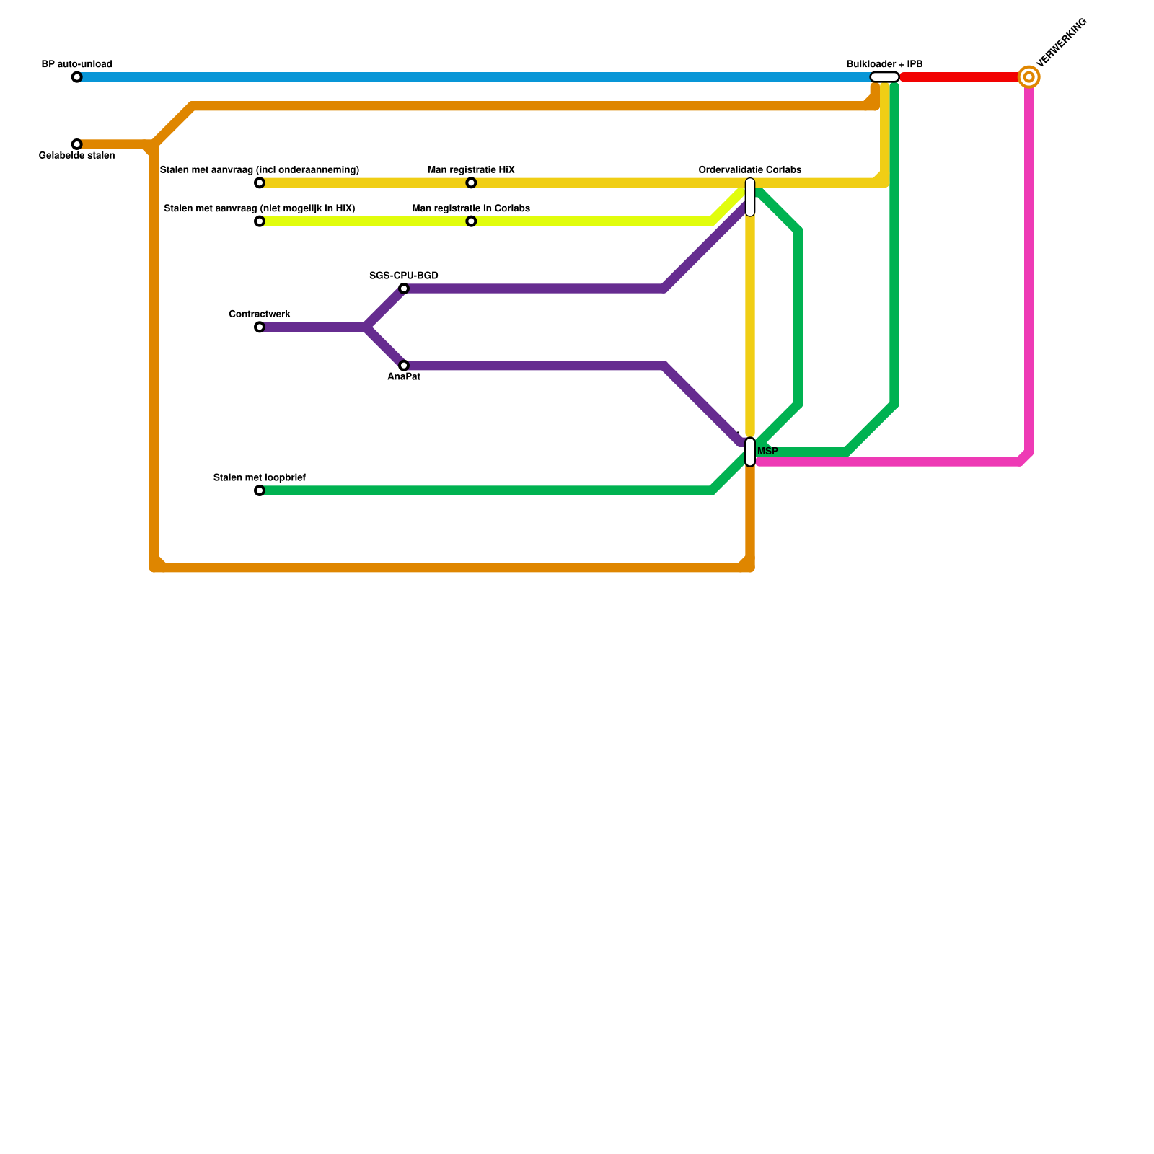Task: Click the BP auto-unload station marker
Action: pyautogui.click(x=76, y=77)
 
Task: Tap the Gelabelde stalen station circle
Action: pyautogui.click(x=76, y=144)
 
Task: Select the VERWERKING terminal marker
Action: pyautogui.click(x=1029, y=77)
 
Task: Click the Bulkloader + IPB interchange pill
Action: pyautogui.click(x=884, y=77)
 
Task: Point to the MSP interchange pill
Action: pyautogui.click(x=750, y=452)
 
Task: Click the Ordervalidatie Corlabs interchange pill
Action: pyautogui.click(x=750, y=197)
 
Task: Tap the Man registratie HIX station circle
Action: pyautogui.click(x=471, y=182)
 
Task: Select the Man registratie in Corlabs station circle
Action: pyautogui.click(x=471, y=221)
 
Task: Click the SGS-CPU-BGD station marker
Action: pyautogui.click(x=404, y=288)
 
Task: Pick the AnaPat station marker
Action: pyautogui.click(x=404, y=366)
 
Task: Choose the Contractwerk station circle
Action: pyautogui.click(x=260, y=327)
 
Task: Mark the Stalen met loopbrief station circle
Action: pyautogui.click(x=260, y=490)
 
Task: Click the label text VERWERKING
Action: pyautogui.click(x=1061, y=43)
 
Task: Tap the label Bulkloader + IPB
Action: pyautogui.click(x=884, y=64)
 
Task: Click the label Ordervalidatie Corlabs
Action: pyautogui.click(x=750, y=170)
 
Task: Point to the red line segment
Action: pyautogui.click(x=959, y=77)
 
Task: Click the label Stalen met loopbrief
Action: pyautogui.click(x=260, y=477)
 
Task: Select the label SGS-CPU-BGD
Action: pyautogui.click(x=404, y=276)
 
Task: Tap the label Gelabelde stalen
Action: pyautogui.click(x=76, y=156)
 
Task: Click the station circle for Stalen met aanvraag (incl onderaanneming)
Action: pyautogui.click(x=260, y=182)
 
